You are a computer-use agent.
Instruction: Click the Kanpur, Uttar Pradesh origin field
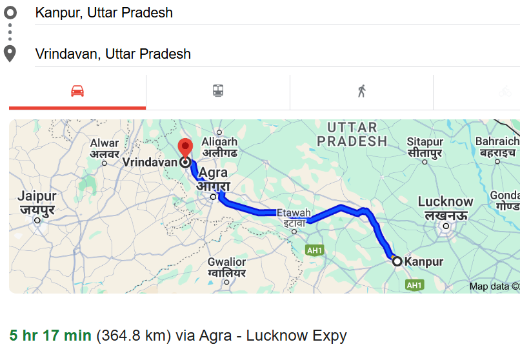[x=103, y=13]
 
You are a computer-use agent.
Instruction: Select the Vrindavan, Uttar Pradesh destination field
[x=113, y=54]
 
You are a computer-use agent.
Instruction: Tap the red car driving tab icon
[x=77, y=91]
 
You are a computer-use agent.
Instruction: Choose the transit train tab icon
[x=218, y=91]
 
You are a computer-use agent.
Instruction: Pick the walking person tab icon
[x=361, y=91]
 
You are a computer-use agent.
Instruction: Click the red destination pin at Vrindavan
[x=186, y=148]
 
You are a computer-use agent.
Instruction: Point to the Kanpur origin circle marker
[x=397, y=261]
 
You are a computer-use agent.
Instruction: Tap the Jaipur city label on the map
[x=36, y=202]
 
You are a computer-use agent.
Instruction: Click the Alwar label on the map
[x=105, y=148]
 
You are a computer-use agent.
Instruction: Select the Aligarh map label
[x=219, y=147]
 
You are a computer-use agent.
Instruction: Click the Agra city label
[x=214, y=180]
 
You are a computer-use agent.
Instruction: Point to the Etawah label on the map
[x=294, y=217]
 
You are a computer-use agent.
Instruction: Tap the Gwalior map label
[x=226, y=267]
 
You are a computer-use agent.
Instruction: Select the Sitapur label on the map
[x=425, y=147]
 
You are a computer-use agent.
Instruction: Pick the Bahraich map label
[x=497, y=146]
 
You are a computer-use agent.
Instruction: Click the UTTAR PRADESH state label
[x=356, y=134]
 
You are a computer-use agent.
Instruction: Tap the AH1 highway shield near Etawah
[x=314, y=250]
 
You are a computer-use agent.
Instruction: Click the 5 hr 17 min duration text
[x=50, y=335]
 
